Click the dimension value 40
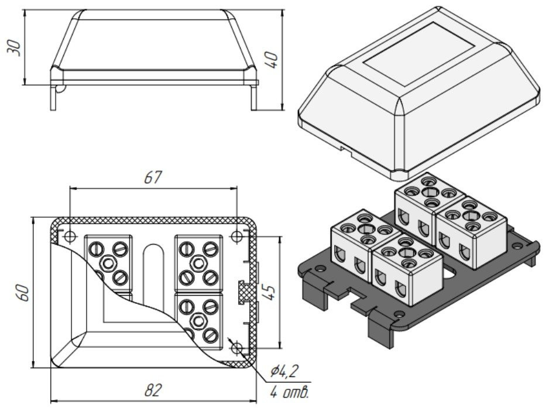272,59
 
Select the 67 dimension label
153,177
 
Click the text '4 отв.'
289,392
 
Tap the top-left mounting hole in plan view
70,237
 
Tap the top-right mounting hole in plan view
236,237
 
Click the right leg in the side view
253,97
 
